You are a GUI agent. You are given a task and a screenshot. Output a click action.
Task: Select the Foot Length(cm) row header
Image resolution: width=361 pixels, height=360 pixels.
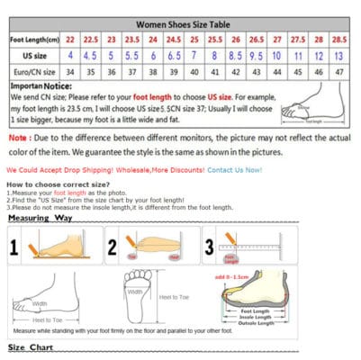[x=34, y=41]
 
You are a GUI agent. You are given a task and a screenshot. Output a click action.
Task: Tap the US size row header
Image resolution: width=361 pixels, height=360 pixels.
[x=34, y=56]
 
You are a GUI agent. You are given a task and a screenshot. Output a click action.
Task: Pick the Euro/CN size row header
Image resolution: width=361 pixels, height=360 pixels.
[x=34, y=71]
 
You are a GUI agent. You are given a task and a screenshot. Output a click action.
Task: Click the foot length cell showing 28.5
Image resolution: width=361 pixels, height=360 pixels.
[x=338, y=41]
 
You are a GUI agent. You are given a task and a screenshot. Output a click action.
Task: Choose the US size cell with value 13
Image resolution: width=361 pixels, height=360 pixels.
[x=338, y=56]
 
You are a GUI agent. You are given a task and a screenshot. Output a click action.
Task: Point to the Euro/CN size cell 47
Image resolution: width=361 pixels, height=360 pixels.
[x=338, y=71]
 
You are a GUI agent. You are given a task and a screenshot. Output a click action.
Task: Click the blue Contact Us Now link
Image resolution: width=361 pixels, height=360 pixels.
[x=234, y=169]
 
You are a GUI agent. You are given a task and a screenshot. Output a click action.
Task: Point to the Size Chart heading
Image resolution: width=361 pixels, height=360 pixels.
[x=31, y=347]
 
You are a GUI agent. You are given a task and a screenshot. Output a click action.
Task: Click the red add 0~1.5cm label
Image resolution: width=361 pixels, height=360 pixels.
[x=232, y=278]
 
